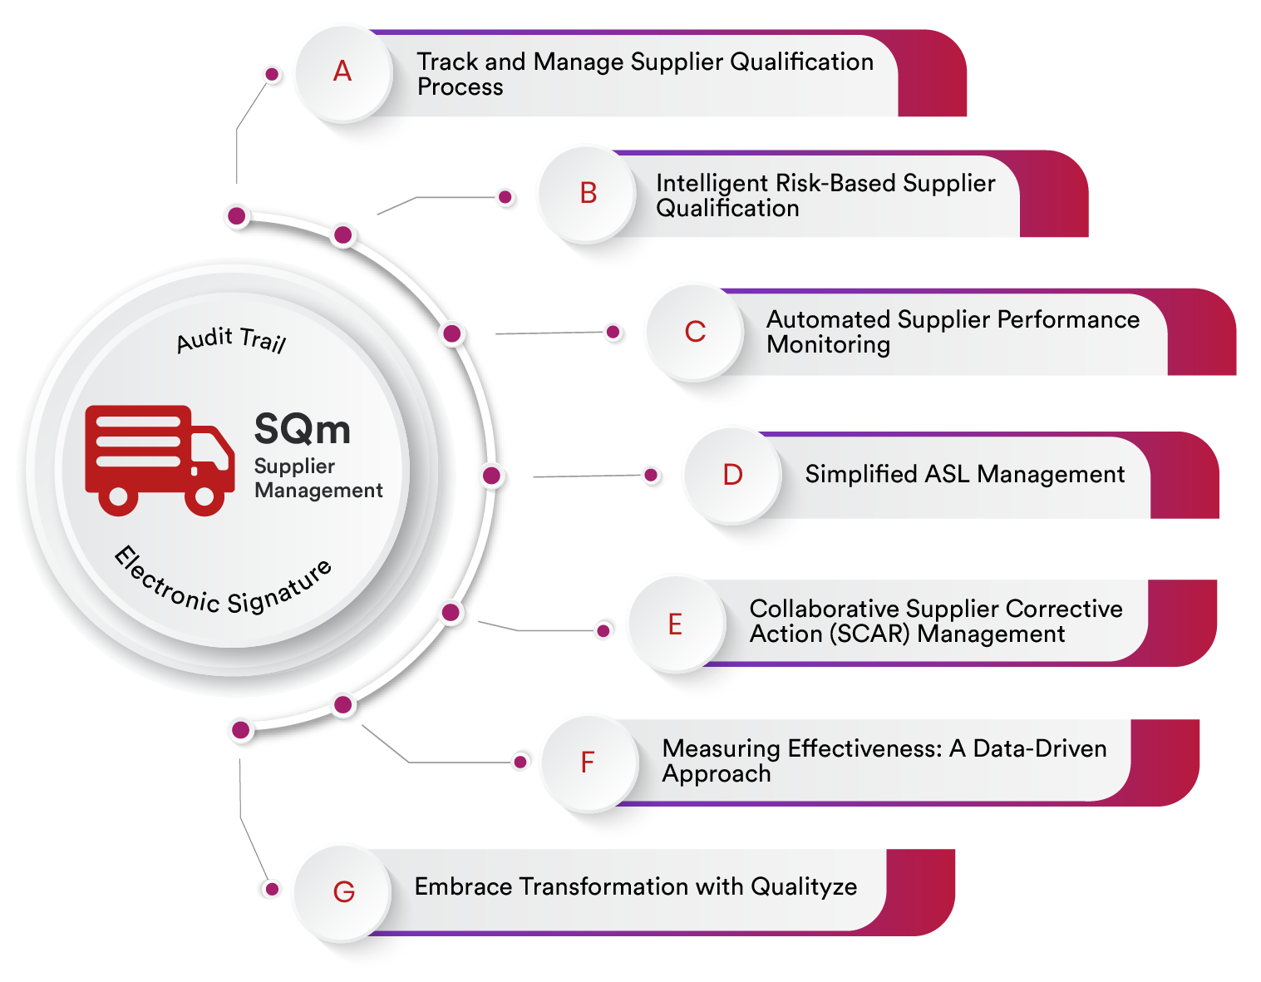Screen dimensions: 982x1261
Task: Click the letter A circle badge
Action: [x=342, y=72]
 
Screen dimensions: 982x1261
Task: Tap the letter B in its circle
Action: [x=588, y=193]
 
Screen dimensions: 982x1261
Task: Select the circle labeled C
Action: [x=695, y=332]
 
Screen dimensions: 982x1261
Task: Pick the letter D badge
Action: [x=732, y=475]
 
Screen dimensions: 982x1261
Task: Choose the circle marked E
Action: [x=675, y=624]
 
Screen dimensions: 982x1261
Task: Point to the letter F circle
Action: [x=588, y=762]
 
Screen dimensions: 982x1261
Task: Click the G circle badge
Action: [x=343, y=892]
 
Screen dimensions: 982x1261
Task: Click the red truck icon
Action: [x=159, y=459]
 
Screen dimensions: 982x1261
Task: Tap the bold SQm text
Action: [x=302, y=429]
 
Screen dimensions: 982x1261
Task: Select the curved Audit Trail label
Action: [x=231, y=340]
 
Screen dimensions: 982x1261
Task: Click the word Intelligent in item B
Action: [x=709, y=183]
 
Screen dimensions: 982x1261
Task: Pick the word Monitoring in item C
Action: [x=828, y=344]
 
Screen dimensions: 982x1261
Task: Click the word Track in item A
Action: [x=447, y=62]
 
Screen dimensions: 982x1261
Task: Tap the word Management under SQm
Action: [x=318, y=491]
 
